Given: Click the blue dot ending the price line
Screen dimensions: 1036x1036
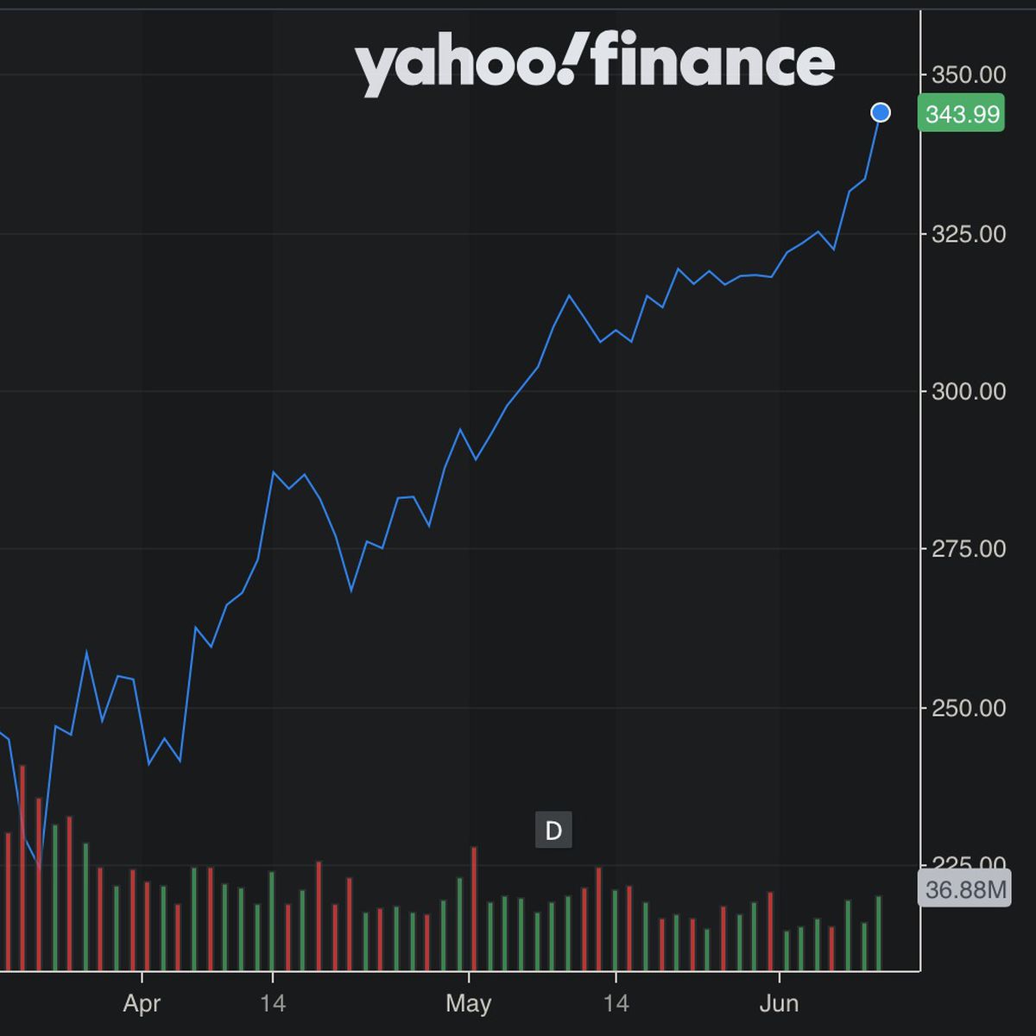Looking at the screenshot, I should coord(881,112).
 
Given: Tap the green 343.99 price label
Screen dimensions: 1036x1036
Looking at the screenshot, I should coord(962,113).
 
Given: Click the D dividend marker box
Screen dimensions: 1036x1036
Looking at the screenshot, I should coord(553,831).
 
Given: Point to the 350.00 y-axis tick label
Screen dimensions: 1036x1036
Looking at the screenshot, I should coord(969,75).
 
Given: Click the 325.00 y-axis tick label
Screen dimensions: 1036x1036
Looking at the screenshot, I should coord(969,234).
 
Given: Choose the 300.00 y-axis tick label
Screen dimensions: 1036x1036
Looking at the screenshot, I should coord(969,392).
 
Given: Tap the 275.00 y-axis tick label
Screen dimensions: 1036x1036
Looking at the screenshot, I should coord(969,549).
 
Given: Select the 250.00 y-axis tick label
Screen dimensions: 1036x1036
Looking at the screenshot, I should coord(969,708).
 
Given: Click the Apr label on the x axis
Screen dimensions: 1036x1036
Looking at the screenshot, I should coord(142,1003).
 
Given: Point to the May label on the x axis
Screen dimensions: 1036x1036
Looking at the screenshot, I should coord(468,1003).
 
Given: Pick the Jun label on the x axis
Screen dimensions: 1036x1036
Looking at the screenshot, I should coord(779,1003).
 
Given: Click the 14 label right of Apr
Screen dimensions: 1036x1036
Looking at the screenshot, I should coord(273,1003).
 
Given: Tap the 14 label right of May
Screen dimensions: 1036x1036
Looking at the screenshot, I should coord(616,1003).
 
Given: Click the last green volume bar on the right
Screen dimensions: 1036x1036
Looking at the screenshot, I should coord(879,932).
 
